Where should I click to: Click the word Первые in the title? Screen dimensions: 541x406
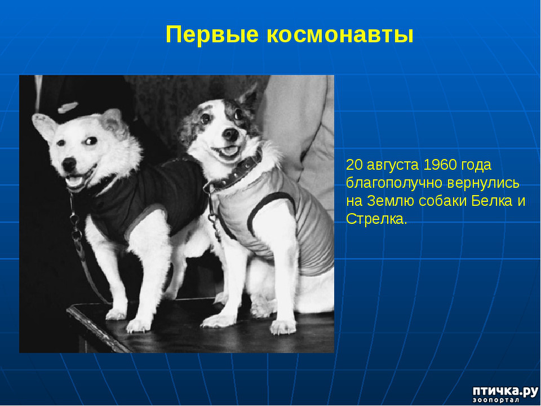[x=212, y=35]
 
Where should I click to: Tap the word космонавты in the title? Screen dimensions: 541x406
[x=340, y=35]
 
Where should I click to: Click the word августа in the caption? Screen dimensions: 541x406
[x=393, y=166]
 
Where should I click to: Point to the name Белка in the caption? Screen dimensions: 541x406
[x=491, y=201]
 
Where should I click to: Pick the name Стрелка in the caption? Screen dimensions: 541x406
[x=376, y=219]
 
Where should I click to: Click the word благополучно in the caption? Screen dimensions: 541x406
[x=394, y=183]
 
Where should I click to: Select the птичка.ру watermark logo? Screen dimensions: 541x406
[x=505, y=394]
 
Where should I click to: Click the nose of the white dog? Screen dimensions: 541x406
[x=69, y=164]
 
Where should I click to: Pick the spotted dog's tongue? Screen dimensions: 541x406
[x=229, y=151]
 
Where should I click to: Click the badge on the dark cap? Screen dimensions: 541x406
[x=68, y=107]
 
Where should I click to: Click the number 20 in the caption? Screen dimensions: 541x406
[x=354, y=165]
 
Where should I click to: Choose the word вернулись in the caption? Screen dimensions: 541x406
[x=483, y=183]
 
